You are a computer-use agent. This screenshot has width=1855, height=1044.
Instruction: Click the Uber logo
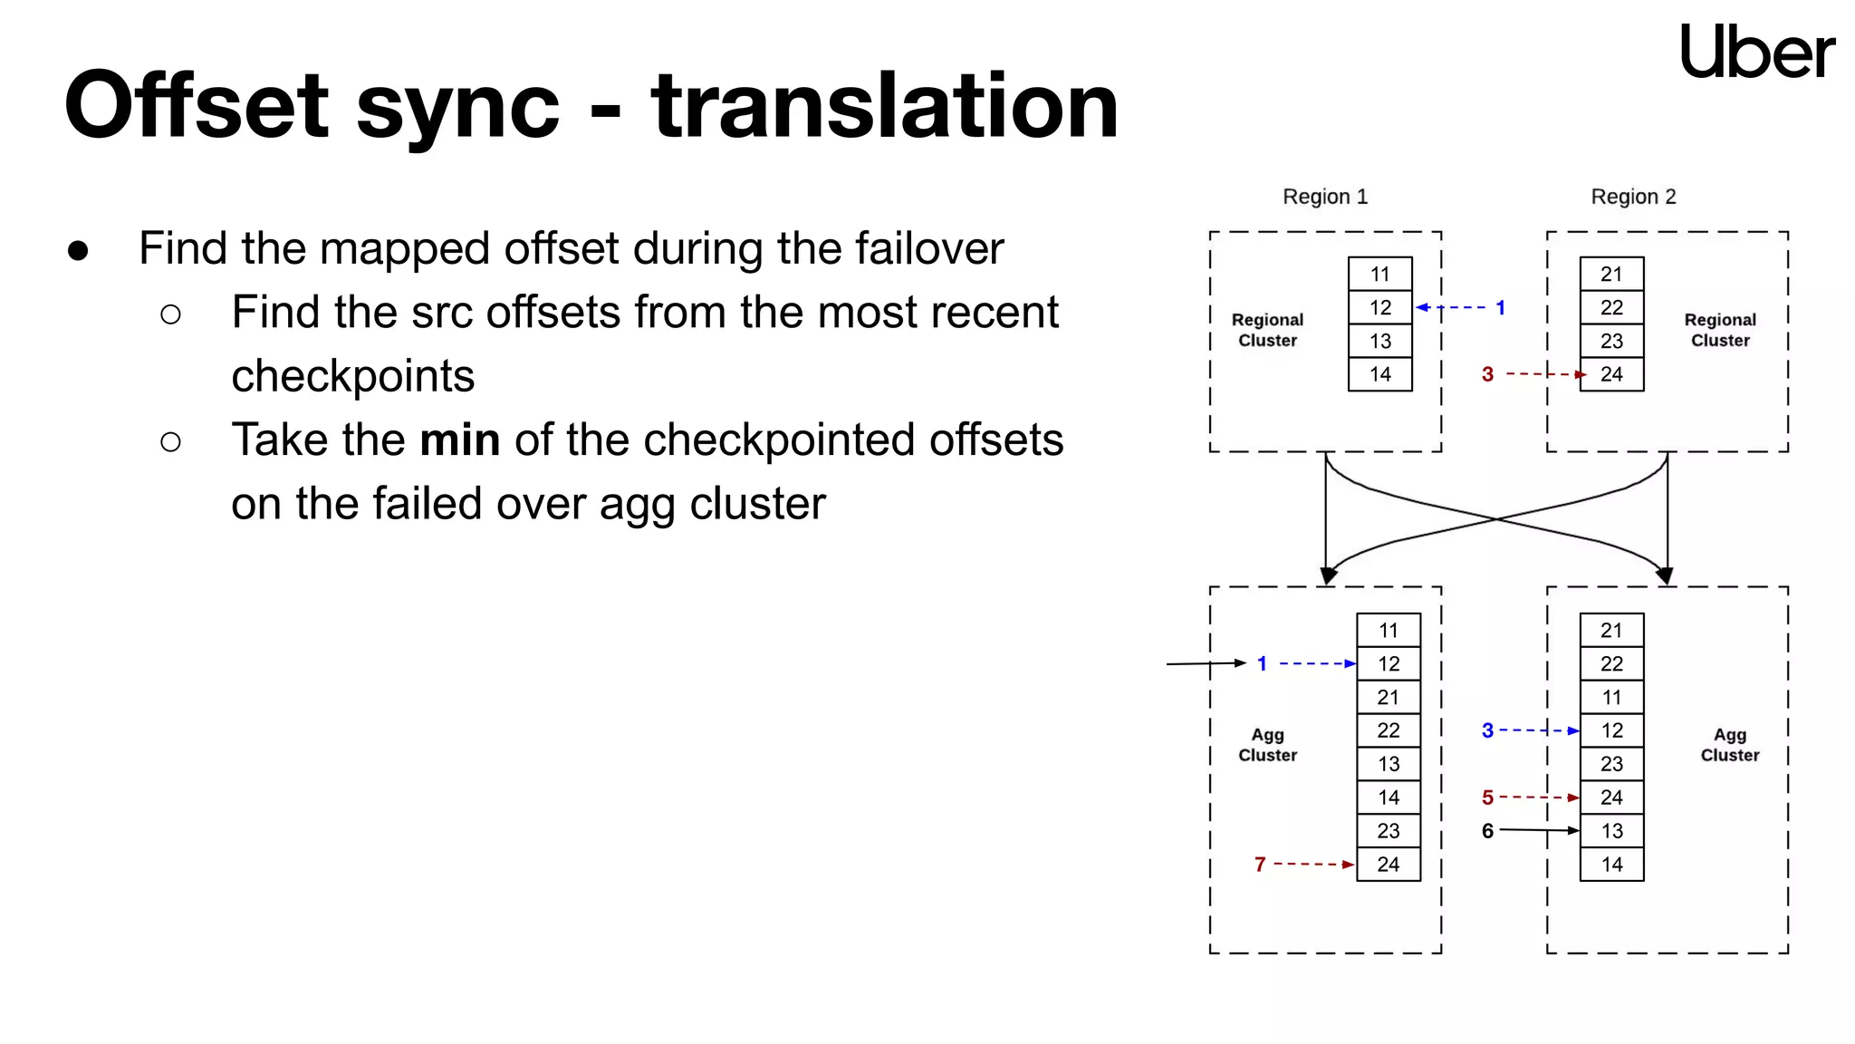click(1756, 52)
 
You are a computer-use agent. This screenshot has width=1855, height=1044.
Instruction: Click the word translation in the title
click(885, 107)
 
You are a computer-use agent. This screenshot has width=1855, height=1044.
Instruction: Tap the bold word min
click(459, 440)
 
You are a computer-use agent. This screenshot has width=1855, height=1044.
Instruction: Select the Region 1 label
click(1325, 197)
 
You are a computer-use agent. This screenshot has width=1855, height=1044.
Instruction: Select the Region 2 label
click(1633, 197)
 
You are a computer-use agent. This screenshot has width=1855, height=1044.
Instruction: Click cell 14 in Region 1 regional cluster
click(1379, 374)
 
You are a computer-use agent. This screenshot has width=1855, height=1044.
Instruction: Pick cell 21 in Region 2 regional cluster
click(1611, 274)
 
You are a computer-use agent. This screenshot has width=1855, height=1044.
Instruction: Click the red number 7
click(1260, 865)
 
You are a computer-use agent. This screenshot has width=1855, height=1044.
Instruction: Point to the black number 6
click(1487, 831)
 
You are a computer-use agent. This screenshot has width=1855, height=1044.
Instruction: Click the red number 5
click(1487, 797)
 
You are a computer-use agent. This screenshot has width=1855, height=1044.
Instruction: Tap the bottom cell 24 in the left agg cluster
click(1388, 865)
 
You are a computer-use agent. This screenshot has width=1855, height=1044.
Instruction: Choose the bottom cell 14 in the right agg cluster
click(1611, 865)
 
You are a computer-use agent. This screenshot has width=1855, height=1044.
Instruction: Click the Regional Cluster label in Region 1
click(1267, 330)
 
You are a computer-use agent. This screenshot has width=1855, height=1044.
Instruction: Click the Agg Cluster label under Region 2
click(1729, 745)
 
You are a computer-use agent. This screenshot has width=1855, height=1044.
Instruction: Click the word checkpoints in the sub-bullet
click(352, 376)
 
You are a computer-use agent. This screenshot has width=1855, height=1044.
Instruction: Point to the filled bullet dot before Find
click(78, 251)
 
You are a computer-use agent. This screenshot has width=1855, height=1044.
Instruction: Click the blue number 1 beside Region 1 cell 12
click(1500, 308)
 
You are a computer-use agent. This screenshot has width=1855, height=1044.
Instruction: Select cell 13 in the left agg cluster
click(1388, 764)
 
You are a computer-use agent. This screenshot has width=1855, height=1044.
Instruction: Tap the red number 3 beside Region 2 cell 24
click(1487, 374)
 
